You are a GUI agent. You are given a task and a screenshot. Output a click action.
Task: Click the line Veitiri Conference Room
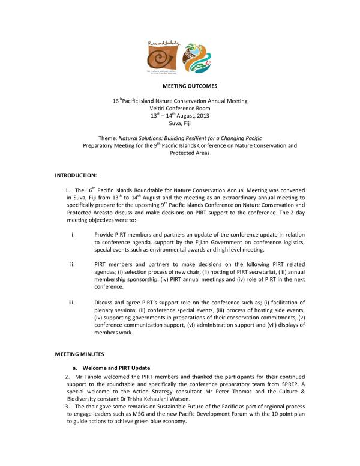click(181, 109)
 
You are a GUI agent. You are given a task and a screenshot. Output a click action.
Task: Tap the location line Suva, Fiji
click(181, 123)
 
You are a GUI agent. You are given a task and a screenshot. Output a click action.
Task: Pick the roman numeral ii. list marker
click(72, 263)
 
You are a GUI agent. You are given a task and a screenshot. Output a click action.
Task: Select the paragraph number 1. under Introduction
click(67, 190)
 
